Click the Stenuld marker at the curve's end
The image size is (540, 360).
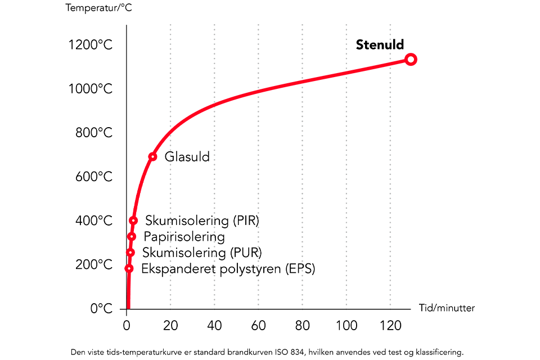[x=411, y=60]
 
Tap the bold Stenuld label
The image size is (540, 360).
[x=380, y=46]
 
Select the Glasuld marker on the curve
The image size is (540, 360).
[x=152, y=156]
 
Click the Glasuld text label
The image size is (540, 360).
[x=187, y=157]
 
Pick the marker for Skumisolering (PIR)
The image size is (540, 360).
[x=133, y=220]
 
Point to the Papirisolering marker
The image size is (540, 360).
[x=132, y=237]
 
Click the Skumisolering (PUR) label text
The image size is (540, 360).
[x=202, y=253]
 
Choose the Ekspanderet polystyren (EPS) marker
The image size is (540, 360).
[x=129, y=268]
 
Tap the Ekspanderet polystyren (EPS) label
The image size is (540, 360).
[x=228, y=269]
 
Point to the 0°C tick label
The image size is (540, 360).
[x=101, y=308]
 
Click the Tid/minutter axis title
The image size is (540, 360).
[x=447, y=308]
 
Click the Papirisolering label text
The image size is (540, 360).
[x=184, y=237]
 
